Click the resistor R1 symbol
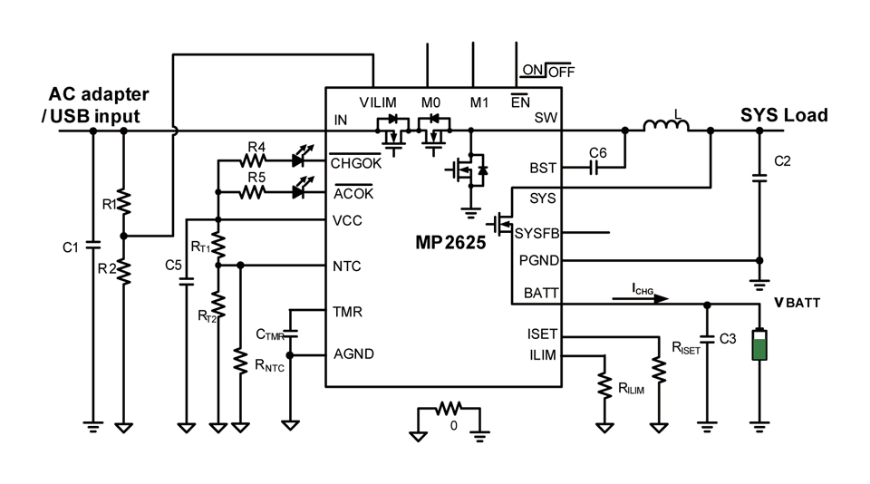(x=124, y=202)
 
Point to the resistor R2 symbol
(x=124, y=269)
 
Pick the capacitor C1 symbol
(x=92, y=246)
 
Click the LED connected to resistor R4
(x=301, y=161)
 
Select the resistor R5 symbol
(x=256, y=192)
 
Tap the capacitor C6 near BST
(x=595, y=168)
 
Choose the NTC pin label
(x=346, y=266)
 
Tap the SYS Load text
(x=784, y=115)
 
